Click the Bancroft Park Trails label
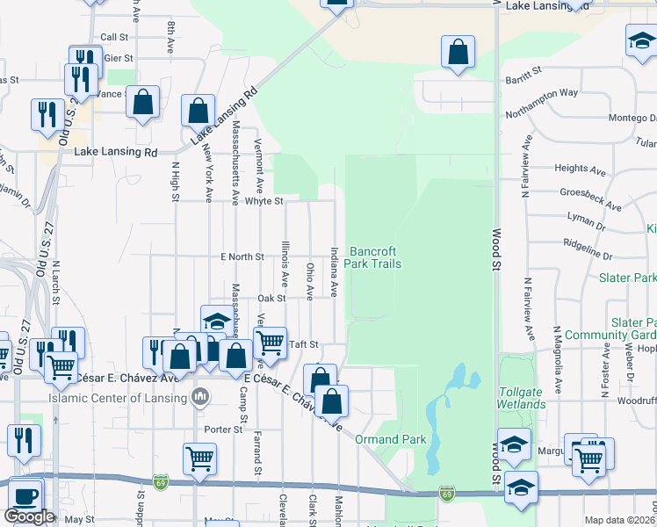point(372,257)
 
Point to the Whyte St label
point(264,201)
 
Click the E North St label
point(242,256)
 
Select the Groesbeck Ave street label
point(590,199)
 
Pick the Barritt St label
point(523,71)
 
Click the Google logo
point(29,516)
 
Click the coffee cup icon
point(24,495)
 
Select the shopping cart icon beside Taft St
point(270,343)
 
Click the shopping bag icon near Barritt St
point(458,52)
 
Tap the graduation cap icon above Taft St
point(217,321)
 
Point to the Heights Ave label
point(581,168)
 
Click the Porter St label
point(223,430)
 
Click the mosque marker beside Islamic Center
point(201,397)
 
